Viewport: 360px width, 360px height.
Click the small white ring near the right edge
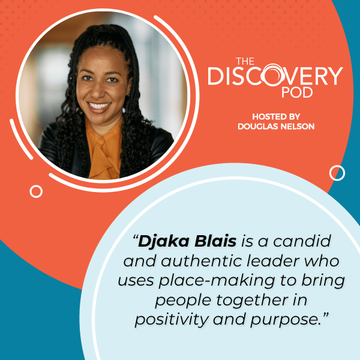coord(337,173)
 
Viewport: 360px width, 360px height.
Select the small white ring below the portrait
coord(36,191)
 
